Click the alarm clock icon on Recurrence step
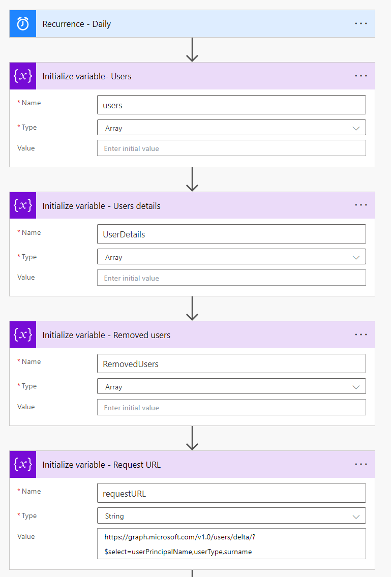coord(23,24)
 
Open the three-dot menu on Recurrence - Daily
coord(361,23)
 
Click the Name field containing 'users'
coord(231,105)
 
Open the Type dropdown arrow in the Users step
coord(356,128)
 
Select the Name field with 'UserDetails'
coord(231,234)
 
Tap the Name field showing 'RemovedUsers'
coord(231,363)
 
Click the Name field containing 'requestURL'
coord(231,493)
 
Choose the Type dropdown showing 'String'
coord(231,516)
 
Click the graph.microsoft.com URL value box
coord(231,544)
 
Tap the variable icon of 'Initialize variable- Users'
coord(23,76)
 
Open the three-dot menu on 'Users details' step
coord(361,205)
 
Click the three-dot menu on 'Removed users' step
coord(361,335)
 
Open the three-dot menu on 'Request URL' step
coord(361,464)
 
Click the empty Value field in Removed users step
coord(231,407)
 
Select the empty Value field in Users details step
coord(231,278)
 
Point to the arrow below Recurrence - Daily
coord(192,50)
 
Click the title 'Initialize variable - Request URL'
coord(102,465)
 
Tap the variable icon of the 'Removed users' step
coord(23,335)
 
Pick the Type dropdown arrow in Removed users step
coord(356,387)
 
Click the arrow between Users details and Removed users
coord(192,309)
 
